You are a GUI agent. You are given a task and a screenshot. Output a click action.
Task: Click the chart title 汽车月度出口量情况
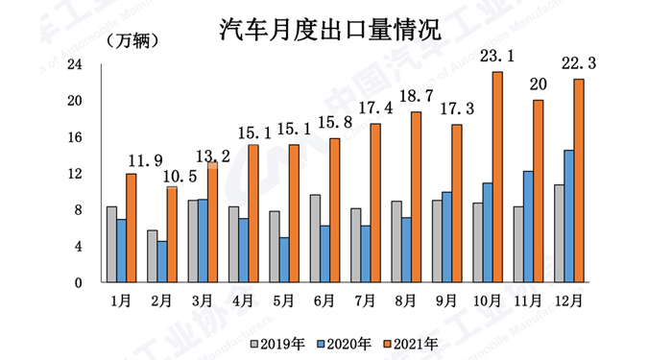pyautogui.click(x=330, y=28)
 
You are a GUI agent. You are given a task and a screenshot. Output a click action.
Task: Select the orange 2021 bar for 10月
pyautogui.click(x=497, y=178)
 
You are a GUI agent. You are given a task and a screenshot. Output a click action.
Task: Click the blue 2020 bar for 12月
pyautogui.click(x=569, y=216)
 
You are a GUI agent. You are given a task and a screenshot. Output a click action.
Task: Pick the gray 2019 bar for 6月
pyautogui.click(x=314, y=238)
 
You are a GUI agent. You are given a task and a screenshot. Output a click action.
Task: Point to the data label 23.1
pyautogui.click(x=497, y=58)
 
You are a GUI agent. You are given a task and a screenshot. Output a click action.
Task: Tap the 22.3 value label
pyautogui.click(x=579, y=64)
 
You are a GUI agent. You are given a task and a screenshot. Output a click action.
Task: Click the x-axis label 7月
pyautogui.click(x=365, y=301)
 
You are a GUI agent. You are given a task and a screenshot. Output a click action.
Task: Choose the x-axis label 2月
pyautogui.click(x=161, y=301)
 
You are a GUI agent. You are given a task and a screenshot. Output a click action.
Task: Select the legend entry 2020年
pyautogui.click(x=348, y=342)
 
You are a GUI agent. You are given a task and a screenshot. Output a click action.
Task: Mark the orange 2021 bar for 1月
pyautogui.click(x=132, y=228)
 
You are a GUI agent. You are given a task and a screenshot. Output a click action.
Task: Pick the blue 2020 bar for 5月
pyautogui.click(x=284, y=260)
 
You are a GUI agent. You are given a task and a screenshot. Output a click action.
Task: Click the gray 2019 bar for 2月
pyautogui.click(x=152, y=256)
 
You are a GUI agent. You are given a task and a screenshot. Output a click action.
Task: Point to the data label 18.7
pyautogui.click(x=416, y=99)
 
